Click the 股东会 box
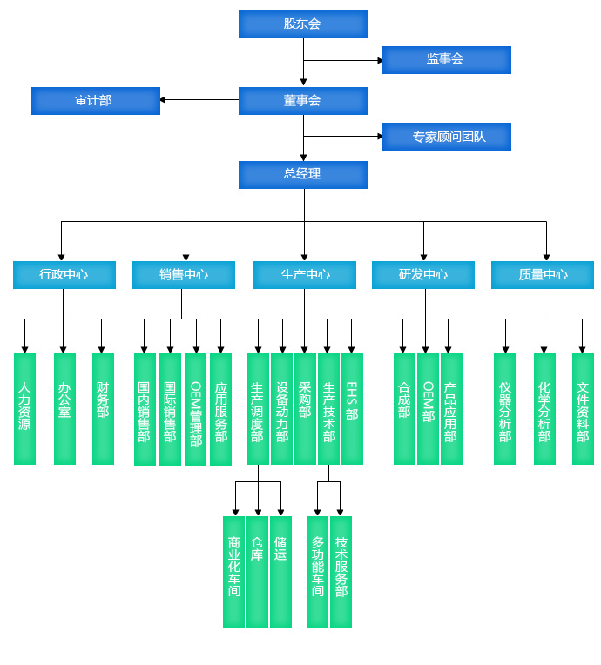302,24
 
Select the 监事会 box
447,60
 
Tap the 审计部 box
96,101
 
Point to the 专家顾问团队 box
447,137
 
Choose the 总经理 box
302,175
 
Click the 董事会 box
302,101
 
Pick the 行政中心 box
64,275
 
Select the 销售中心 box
184,275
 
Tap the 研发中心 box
423,275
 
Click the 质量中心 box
543,275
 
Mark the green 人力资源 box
24,408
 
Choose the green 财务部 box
103,408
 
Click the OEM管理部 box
196,409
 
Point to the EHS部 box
352,408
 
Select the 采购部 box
305,408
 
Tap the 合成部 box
404,408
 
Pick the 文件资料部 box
584,408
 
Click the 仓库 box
257,572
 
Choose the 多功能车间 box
317,572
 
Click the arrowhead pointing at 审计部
163,100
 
